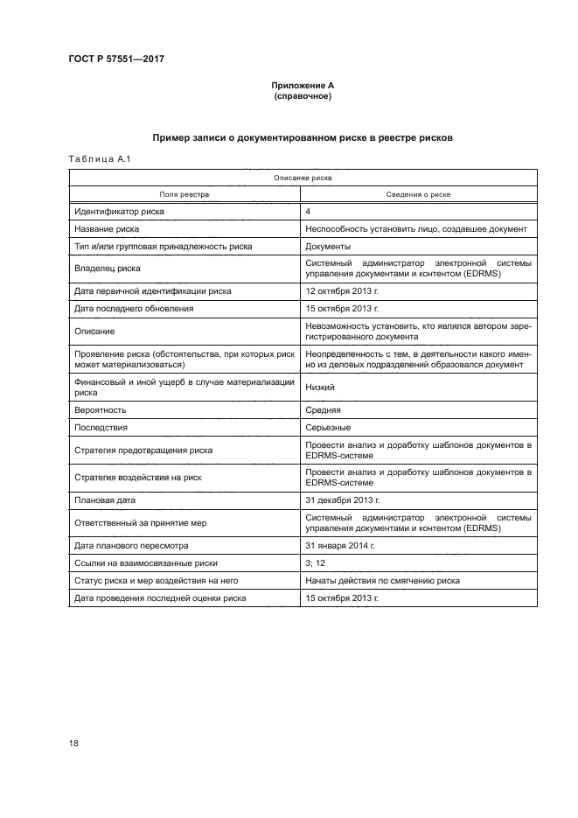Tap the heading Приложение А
303,85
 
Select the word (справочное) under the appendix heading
303,95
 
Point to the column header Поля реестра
184,194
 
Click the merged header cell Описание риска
302,178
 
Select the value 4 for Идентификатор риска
309,212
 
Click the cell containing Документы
329,247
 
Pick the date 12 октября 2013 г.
342,290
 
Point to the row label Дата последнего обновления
134,308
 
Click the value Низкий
321,387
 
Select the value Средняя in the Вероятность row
324,409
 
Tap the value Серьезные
329,427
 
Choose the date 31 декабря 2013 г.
342,500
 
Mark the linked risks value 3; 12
316,563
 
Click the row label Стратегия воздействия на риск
138,478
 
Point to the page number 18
74,744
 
